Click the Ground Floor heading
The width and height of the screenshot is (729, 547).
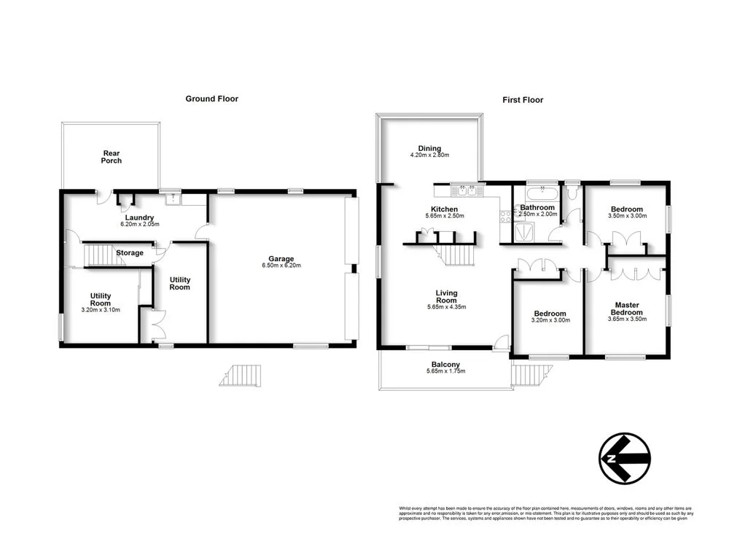[211, 98]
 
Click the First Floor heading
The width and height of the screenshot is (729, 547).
[523, 100]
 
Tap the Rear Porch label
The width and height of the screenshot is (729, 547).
[112, 156]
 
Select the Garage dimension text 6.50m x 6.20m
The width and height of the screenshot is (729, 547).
[281, 265]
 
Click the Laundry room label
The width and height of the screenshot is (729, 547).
[139, 217]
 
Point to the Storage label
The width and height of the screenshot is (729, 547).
[130, 253]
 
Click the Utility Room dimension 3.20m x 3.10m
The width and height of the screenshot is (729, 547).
[101, 310]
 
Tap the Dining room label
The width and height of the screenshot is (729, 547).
[429, 148]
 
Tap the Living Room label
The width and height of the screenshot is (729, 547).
[446, 295]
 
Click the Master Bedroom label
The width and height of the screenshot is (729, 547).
[627, 309]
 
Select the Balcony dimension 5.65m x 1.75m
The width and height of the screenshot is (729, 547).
[445, 371]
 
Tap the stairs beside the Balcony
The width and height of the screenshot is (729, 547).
[524, 375]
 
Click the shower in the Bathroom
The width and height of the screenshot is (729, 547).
[524, 231]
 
